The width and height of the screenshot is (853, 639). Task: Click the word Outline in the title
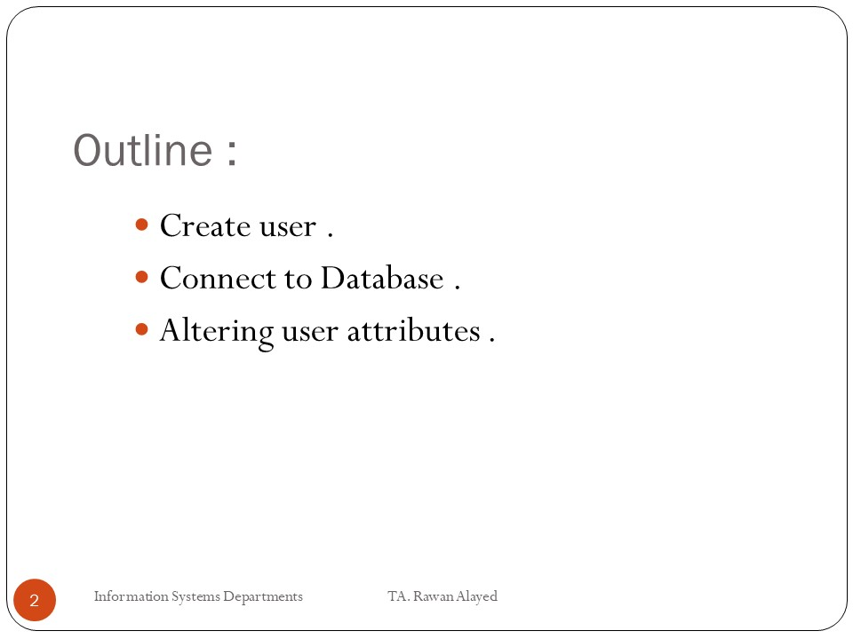click(x=143, y=150)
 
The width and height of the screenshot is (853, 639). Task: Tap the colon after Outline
click(x=232, y=152)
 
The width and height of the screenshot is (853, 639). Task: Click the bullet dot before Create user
click(x=141, y=225)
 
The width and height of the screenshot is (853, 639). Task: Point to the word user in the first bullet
click(x=288, y=228)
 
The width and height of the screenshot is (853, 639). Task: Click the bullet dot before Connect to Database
click(x=141, y=277)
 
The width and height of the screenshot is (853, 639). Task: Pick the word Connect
click(x=219, y=278)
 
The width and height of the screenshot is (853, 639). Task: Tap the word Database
click(x=382, y=278)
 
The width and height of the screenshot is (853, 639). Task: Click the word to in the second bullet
click(x=299, y=280)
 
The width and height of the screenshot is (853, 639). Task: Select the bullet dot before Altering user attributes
click(x=141, y=329)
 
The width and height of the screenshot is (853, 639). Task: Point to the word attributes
click(x=413, y=330)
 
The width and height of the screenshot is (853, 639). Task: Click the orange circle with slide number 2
click(x=35, y=600)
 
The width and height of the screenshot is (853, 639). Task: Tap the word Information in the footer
click(x=132, y=596)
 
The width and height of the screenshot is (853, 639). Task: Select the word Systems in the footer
click(x=195, y=597)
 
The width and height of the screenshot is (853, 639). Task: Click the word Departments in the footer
click(x=263, y=597)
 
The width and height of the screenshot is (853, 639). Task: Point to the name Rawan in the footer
click(x=434, y=596)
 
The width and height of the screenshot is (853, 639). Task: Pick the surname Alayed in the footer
click(x=477, y=597)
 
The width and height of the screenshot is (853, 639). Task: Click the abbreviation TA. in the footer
click(x=399, y=596)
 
